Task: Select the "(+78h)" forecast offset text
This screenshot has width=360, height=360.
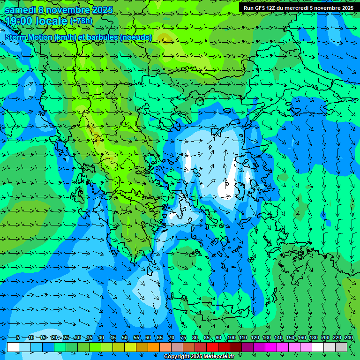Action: pos(81,21)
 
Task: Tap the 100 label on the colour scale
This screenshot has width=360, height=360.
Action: pos(231,337)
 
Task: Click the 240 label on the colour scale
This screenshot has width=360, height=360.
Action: pos(348,337)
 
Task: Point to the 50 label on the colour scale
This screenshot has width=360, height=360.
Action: pos(124,337)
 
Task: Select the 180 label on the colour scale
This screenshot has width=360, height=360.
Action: pos(313,337)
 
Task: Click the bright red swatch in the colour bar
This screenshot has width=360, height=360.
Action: pos(212,347)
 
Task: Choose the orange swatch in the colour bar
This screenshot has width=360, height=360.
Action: pos(154,347)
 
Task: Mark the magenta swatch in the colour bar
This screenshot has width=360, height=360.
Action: pos(271,347)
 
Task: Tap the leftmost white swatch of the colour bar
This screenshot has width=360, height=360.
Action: pos(13,347)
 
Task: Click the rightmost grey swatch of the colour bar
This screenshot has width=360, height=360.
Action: pos(341,347)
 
